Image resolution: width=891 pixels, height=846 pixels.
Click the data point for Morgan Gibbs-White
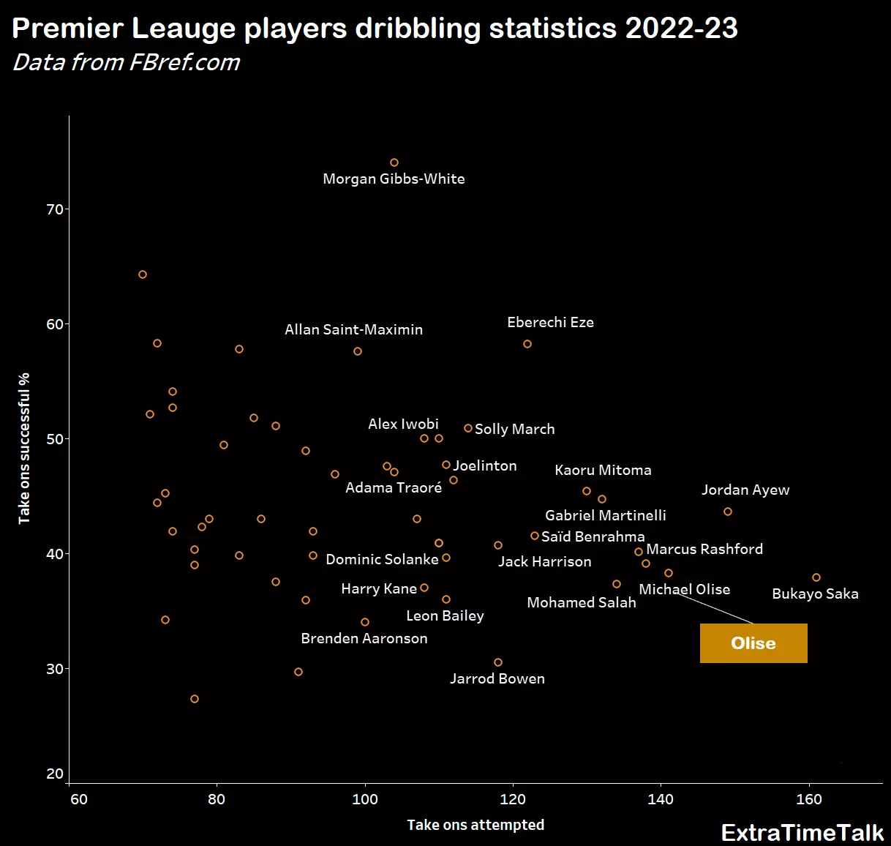pyautogui.click(x=394, y=162)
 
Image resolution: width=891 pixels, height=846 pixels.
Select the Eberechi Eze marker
pyautogui.click(x=527, y=344)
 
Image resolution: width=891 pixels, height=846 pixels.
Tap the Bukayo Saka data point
pyautogui.click(x=816, y=577)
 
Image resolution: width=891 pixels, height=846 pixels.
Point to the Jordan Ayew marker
pyautogui.click(x=728, y=512)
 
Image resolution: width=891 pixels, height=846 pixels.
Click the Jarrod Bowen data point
pyautogui.click(x=498, y=662)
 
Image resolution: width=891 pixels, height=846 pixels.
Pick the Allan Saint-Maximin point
pyautogui.click(x=358, y=351)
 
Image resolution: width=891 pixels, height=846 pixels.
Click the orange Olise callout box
pyautogui.click(x=753, y=643)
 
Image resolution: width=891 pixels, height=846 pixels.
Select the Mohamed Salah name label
pyautogui.click(x=582, y=602)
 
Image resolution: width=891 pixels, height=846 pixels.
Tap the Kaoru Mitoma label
pyautogui.click(x=603, y=470)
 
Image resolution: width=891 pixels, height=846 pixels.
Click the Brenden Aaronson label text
pyautogui.click(x=364, y=638)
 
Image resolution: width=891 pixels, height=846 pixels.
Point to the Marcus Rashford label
pyautogui.click(x=704, y=549)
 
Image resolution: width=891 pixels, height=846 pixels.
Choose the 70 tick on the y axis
pyautogui.click(x=55, y=209)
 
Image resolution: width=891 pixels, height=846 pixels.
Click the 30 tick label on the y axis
pyautogui.click(x=55, y=669)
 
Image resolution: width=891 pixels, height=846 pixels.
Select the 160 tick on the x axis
pyautogui.click(x=809, y=799)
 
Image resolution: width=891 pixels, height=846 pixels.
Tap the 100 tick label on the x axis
pyautogui.click(x=365, y=799)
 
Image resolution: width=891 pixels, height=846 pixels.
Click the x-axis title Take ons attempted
pyautogui.click(x=475, y=825)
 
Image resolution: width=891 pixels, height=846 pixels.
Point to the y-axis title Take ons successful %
pyautogui.click(x=25, y=448)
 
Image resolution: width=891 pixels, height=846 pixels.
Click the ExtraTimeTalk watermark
pyautogui.click(x=802, y=833)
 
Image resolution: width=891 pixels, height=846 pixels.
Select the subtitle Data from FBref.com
pyautogui.click(x=127, y=63)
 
